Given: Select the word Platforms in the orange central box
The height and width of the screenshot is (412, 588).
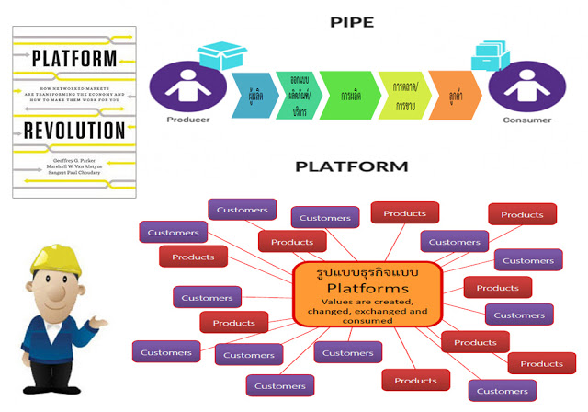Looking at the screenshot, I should pyautogui.click(x=367, y=287).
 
